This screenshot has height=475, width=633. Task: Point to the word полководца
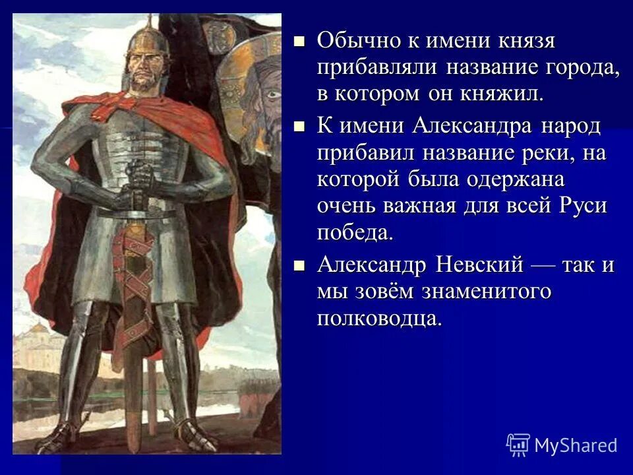tap(377, 318)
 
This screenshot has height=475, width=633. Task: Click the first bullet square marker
tap(300, 41)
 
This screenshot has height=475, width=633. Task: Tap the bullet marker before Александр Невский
tap(300, 265)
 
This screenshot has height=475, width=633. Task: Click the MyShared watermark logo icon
tap(518, 444)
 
